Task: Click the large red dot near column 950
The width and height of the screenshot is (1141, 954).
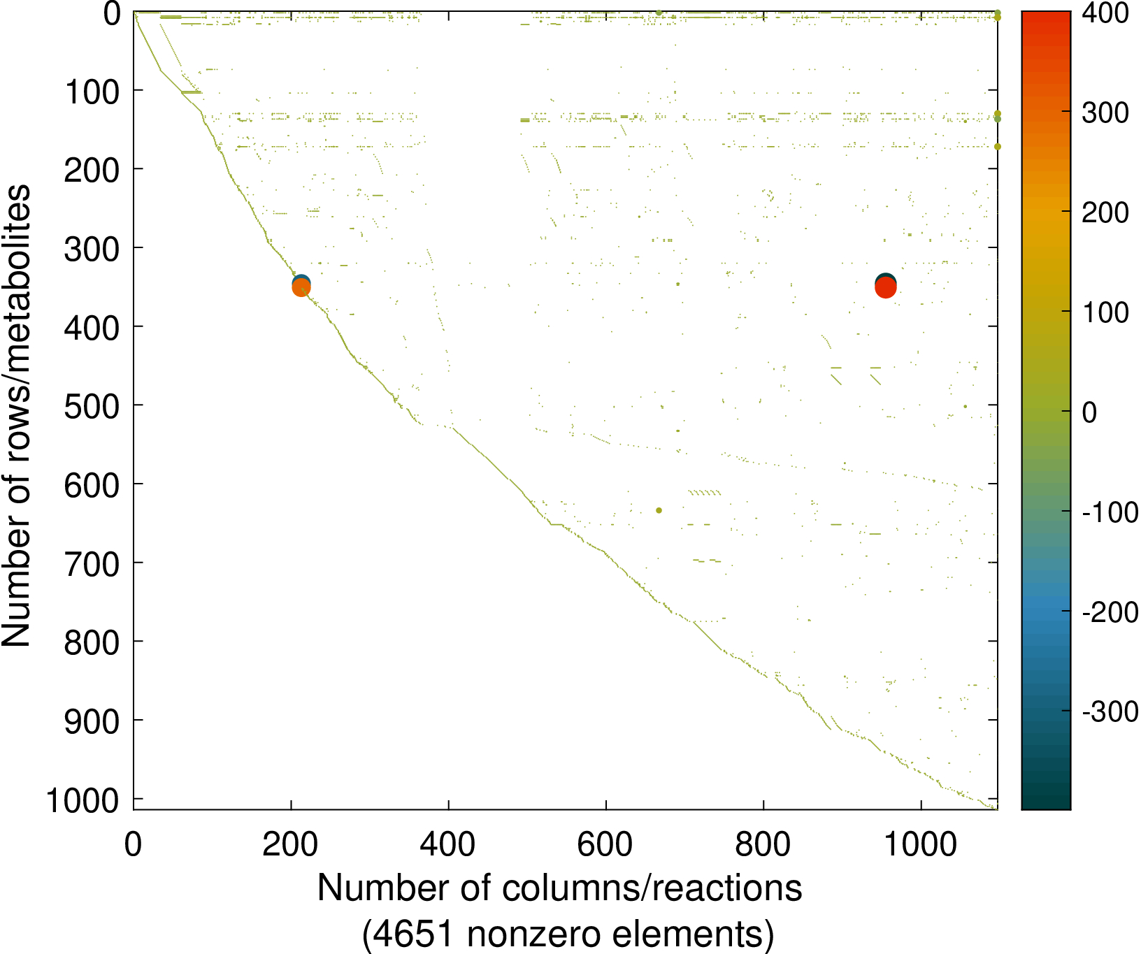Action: (x=886, y=287)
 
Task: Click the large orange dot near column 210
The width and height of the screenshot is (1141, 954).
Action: (x=301, y=287)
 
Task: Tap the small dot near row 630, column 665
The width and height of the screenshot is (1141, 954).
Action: (x=659, y=510)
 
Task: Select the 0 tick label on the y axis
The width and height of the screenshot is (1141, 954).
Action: (x=112, y=14)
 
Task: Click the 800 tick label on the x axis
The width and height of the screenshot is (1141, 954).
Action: (x=763, y=845)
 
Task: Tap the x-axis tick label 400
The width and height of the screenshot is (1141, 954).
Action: (x=448, y=845)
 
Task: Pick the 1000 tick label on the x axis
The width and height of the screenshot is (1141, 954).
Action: (x=921, y=845)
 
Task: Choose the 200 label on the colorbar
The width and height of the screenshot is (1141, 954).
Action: (x=1105, y=212)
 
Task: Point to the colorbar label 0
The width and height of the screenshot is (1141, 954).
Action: (x=1089, y=412)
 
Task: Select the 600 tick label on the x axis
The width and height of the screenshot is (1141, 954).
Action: (x=605, y=845)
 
